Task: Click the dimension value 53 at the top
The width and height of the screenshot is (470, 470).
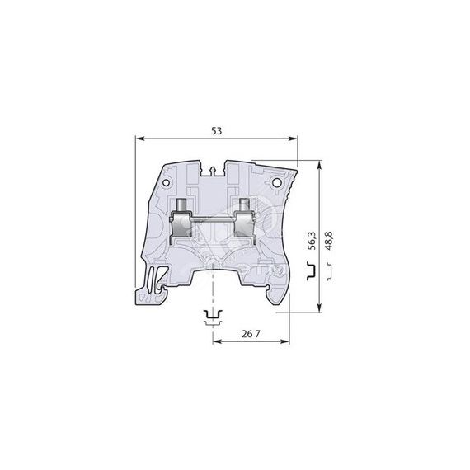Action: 217,130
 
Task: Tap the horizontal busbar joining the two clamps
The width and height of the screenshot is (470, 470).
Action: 213,219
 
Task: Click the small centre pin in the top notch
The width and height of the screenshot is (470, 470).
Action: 214,171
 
